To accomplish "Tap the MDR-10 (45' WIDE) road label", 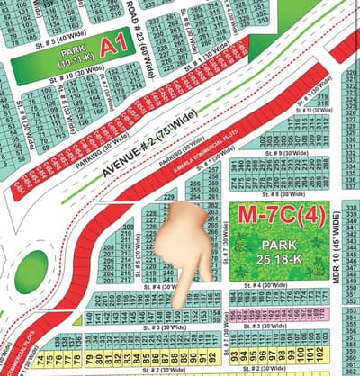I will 337,246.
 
